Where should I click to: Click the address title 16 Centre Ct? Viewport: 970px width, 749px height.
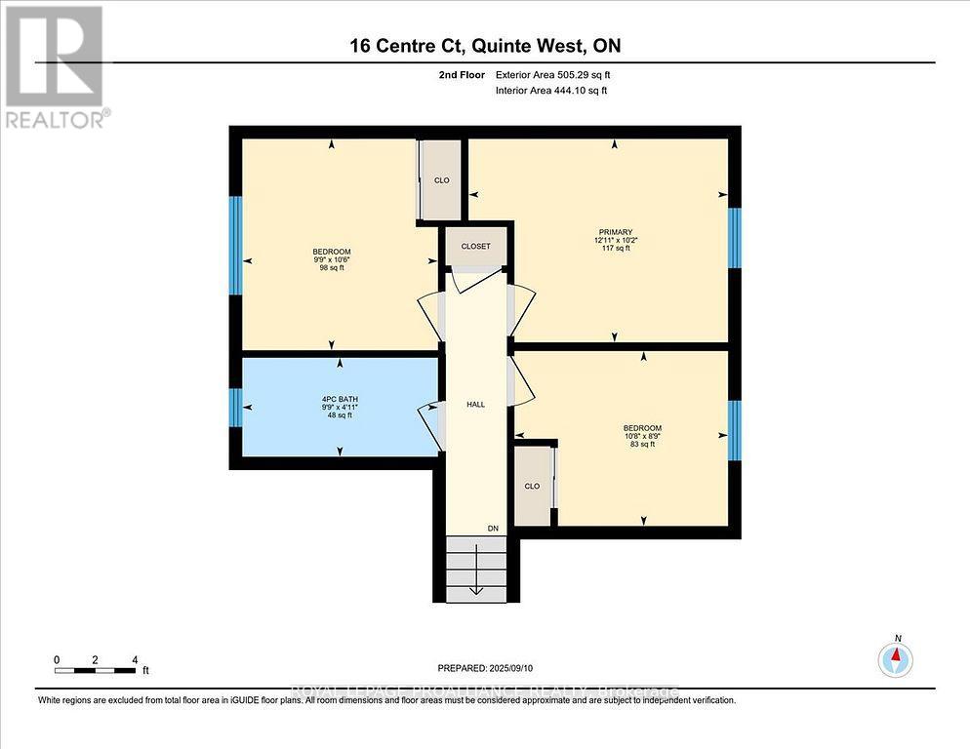pyautogui.click(x=484, y=45)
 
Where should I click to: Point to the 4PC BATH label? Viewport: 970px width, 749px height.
pyautogui.click(x=337, y=407)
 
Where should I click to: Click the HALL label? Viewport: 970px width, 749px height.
pyautogui.click(x=475, y=405)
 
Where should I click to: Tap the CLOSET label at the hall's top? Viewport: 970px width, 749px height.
pyautogui.click(x=475, y=247)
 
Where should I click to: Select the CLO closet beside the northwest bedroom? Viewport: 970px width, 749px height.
pyautogui.click(x=441, y=180)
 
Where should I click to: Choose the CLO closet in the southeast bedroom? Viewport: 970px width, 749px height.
pyautogui.click(x=532, y=486)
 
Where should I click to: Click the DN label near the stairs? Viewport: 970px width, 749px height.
pyautogui.click(x=494, y=529)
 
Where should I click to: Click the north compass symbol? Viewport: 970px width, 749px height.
pyautogui.click(x=895, y=659)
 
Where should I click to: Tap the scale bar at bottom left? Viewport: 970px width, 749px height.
pyautogui.click(x=96, y=669)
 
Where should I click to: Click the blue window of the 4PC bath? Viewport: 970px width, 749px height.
pyautogui.click(x=235, y=408)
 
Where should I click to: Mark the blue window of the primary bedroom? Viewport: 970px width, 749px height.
pyautogui.click(x=735, y=230)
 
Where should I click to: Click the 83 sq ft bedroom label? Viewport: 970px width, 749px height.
pyautogui.click(x=642, y=436)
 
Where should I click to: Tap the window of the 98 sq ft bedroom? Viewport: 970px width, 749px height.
pyautogui.click(x=235, y=245)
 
